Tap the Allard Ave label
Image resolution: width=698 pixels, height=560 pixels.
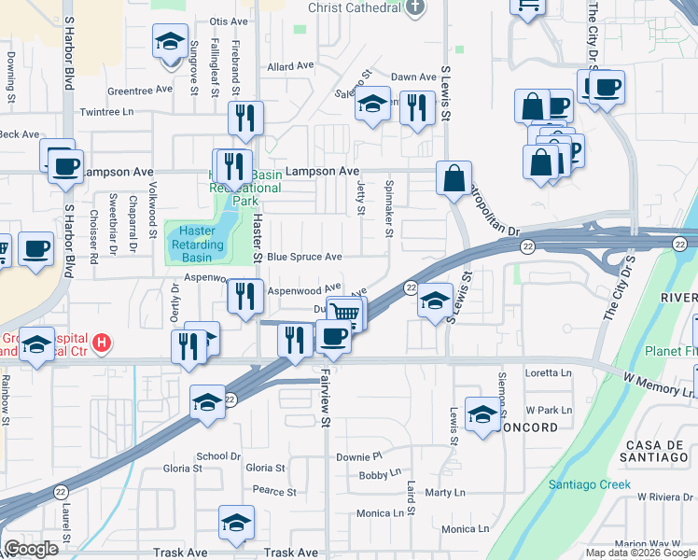290,67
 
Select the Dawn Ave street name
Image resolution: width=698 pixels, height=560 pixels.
413,77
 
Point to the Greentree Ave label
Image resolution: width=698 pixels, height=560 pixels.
140,91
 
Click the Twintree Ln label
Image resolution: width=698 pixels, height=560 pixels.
107,112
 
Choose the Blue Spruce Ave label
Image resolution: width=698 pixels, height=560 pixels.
304,257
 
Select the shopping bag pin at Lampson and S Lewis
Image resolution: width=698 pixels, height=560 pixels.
454,178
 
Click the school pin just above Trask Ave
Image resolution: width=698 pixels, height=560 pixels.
237,523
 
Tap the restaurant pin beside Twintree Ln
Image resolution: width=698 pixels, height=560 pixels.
245,119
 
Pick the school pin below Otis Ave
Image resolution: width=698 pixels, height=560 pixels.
169,42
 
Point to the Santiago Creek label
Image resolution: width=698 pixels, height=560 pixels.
589,485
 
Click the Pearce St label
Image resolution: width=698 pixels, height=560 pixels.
274,491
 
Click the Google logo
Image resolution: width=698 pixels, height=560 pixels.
32,549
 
